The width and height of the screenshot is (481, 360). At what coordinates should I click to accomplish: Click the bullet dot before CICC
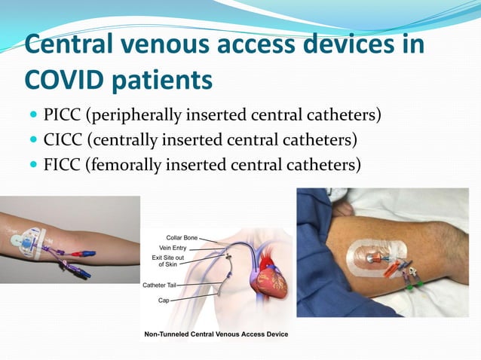pyautogui.click(x=32, y=140)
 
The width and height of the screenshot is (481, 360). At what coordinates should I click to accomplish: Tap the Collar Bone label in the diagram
pyautogui.click(x=182, y=238)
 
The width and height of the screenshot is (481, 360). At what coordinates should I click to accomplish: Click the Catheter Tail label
pyautogui.click(x=160, y=285)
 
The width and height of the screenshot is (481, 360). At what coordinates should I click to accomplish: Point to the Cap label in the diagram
pyautogui.click(x=164, y=300)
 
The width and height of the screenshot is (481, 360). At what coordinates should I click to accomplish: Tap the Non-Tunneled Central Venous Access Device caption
pyautogui.click(x=216, y=334)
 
